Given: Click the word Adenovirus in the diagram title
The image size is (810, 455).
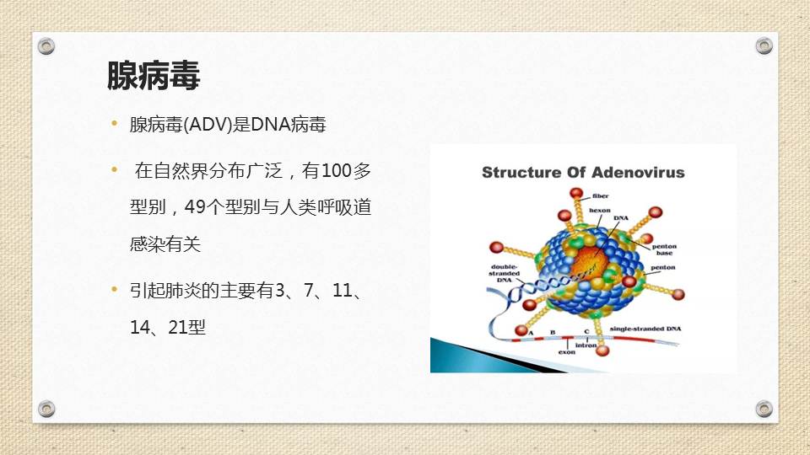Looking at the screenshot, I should tap(638, 173).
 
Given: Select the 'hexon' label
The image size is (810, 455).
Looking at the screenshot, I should tap(599, 210).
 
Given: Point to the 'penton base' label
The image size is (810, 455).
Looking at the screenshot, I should tap(663, 249).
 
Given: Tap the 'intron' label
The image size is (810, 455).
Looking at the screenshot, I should tap(586, 345).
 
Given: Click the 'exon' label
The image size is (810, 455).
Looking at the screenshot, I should tap(567, 352).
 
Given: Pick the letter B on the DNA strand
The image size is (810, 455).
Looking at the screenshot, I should tap(553, 332).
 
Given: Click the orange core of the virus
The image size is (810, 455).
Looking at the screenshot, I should tap(590, 260).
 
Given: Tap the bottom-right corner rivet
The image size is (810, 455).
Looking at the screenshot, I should tap(764, 409).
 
